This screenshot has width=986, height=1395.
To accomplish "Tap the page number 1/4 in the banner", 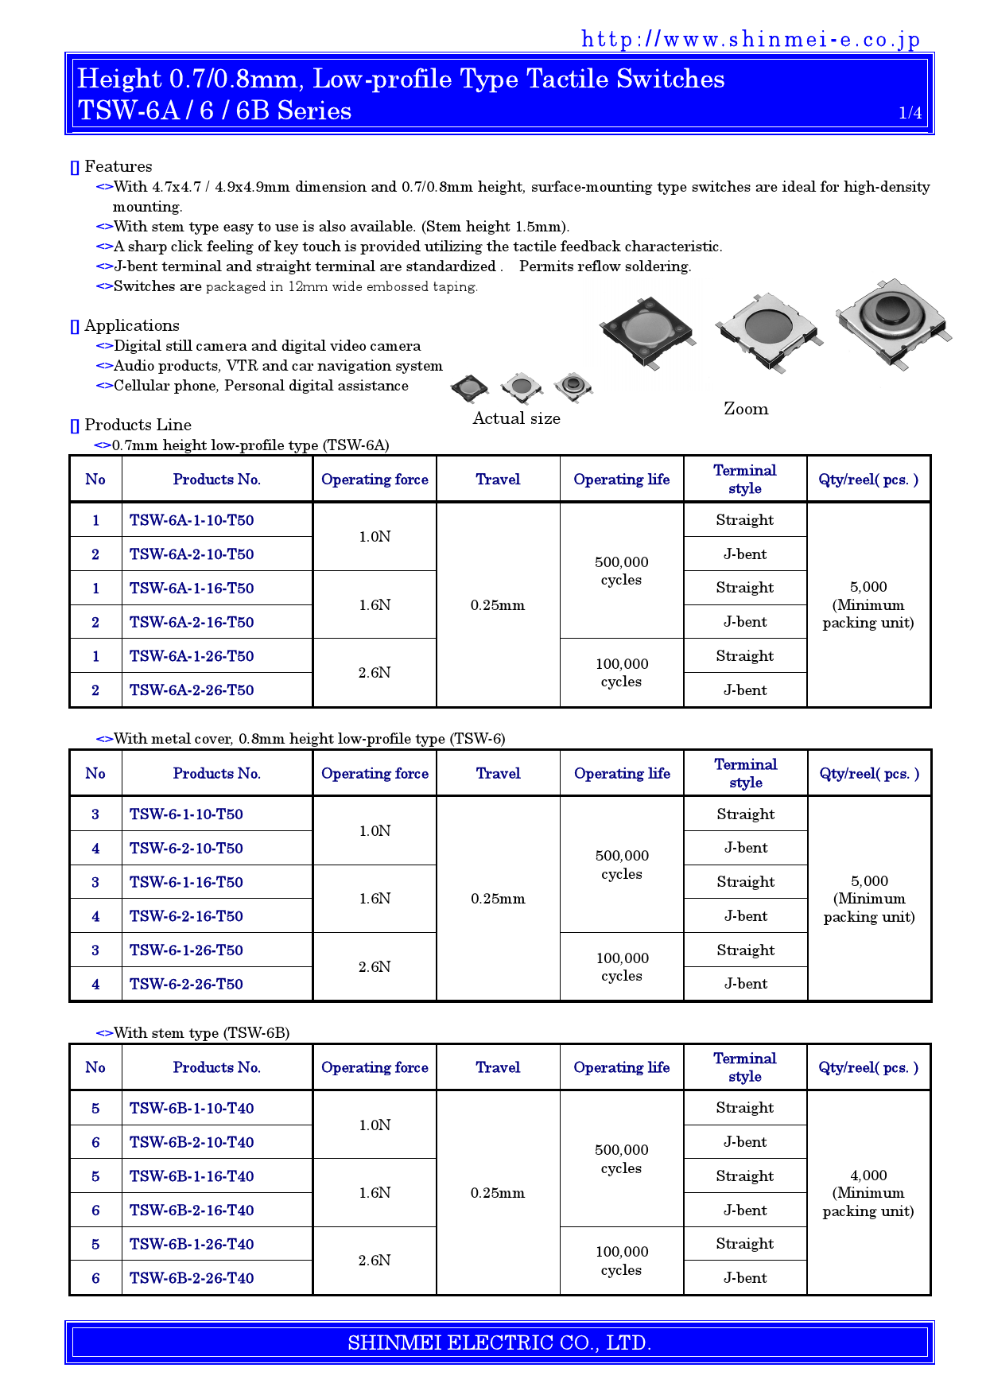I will click(910, 113).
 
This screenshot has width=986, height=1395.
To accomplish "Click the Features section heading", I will click(118, 166).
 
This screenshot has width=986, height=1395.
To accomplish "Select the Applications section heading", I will click(131, 325).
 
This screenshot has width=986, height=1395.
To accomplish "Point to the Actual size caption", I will click(516, 418).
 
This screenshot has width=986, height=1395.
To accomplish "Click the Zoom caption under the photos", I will click(745, 409).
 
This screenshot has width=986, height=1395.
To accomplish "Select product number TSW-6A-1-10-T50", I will click(192, 520).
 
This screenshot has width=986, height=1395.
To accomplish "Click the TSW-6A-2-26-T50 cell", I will click(192, 690).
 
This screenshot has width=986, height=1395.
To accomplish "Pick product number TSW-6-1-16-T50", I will click(186, 882).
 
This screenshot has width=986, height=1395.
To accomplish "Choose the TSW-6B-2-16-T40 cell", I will click(192, 1210).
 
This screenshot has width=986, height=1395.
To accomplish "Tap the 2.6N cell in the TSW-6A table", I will click(375, 673).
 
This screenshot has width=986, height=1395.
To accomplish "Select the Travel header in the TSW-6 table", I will click(498, 773).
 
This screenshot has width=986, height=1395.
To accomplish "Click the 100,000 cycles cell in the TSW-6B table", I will click(622, 1261).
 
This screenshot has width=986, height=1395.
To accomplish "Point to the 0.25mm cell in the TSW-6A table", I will click(498, 605).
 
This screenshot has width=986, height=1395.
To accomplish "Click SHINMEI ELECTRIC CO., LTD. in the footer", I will click(499, 1343).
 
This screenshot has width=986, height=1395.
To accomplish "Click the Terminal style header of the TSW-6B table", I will click(744, 1067).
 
